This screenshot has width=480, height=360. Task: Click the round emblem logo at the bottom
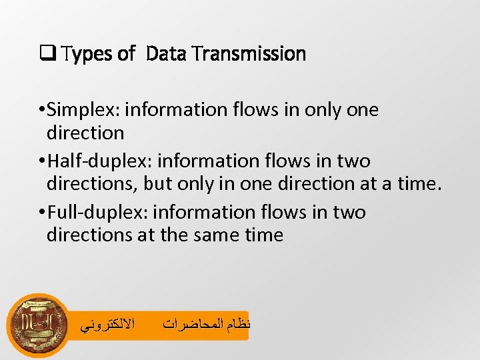(37, 325)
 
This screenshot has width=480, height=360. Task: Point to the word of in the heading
(126, 54)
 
